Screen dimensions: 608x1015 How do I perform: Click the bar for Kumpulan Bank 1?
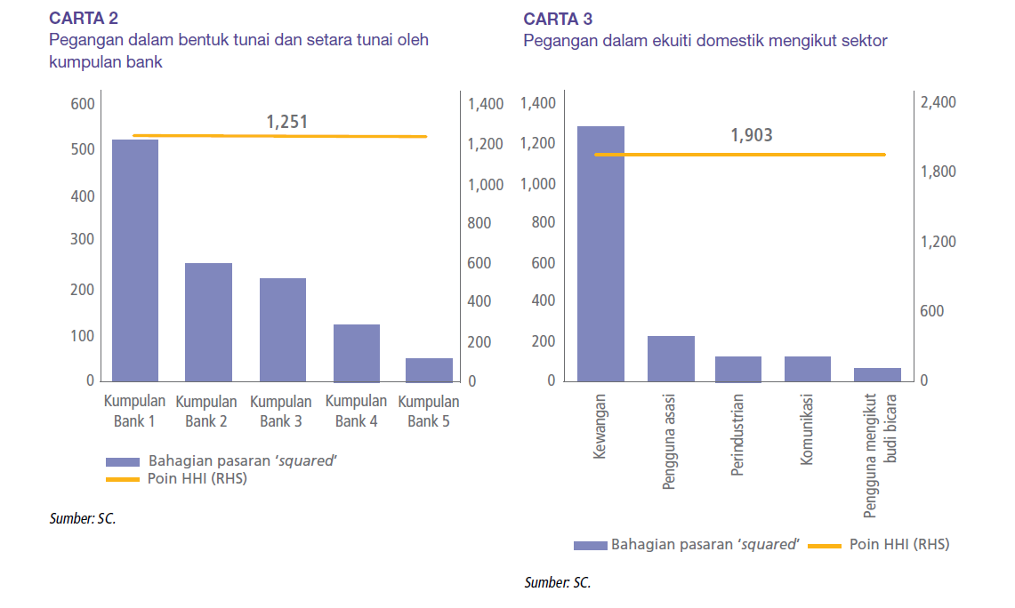click(x=135, y=260)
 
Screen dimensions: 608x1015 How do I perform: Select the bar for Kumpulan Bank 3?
click(x=283, y=329)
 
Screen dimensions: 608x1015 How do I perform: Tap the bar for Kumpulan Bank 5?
click(x=430, y=370)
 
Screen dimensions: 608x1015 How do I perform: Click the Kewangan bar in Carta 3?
click(x=600, y=253)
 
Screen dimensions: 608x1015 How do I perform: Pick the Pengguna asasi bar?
click(x=671, y=358)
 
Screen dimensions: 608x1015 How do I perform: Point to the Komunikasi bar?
click(x=808, y=369)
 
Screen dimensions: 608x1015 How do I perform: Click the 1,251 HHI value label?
click(x=287, y=122)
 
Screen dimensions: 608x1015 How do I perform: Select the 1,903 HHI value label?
click(x=752, y=136)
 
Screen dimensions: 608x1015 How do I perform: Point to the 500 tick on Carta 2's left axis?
click(x=83, y=150)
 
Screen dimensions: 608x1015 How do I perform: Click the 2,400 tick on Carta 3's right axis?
click(x=938, y=103)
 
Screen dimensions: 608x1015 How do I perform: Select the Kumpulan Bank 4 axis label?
click(x=357, y=412)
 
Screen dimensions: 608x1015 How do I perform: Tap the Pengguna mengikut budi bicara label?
click(x=878, y=454)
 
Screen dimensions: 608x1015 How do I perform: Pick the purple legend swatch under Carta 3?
click(x=589, y=545)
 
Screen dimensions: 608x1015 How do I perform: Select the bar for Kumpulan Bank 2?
click(x=208, y=322)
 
